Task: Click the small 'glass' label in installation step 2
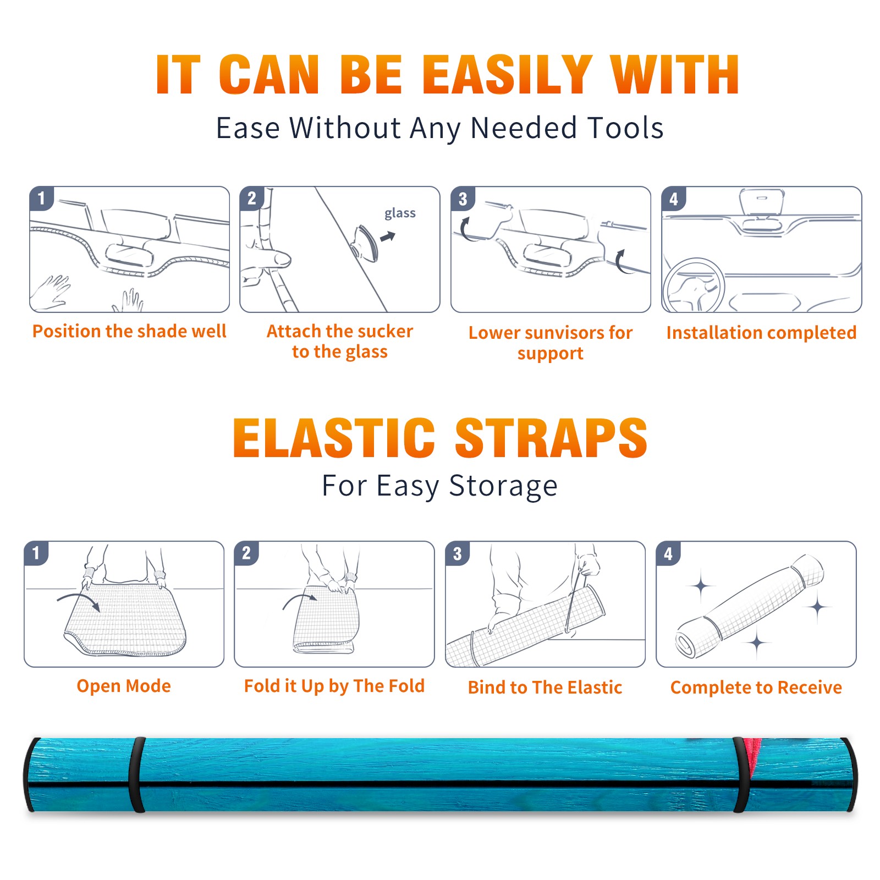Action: click(400, 213)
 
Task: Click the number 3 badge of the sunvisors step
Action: click(463, 199)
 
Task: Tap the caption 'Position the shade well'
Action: click(129, 331)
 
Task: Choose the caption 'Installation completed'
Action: click(761, 332)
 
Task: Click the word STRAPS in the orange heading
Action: click(551, 438)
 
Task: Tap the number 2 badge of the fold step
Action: click(246, 553)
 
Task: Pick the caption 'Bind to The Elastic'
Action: click(545, 687)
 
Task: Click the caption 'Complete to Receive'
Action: click(756, 687)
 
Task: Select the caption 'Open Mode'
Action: click(124, 686)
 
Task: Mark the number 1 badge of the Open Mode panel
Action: click(36, 553)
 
